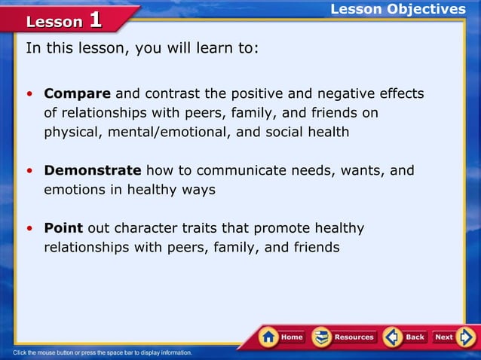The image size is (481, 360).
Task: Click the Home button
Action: pyautogui.click(x=282, y=337)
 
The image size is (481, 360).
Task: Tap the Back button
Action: pyautogui.click(x=405, y=337)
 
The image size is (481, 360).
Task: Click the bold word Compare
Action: pyautogui.click(x=77, y=94)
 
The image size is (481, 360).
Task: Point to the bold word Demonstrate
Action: pyautogui.click(x=92, y=171)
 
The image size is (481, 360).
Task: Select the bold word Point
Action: pyautogui.click(x=63, y=228)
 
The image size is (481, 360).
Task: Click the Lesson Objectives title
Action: pyautogui.click(x=398, y=9)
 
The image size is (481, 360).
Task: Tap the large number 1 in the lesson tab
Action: pyautogui.click(x=95, y=20)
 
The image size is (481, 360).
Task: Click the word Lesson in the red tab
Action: pyautogui.click(x=54, y=22)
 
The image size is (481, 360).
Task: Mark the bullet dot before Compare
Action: pyautogui.click(x=29, y=95)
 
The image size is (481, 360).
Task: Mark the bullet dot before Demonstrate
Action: pyautogui.click(x=29, y=172)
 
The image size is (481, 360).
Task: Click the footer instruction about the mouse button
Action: pyautogui.click(x=103, y=352)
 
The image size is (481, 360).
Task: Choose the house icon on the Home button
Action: pyautogui.click(x=268, y=337)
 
